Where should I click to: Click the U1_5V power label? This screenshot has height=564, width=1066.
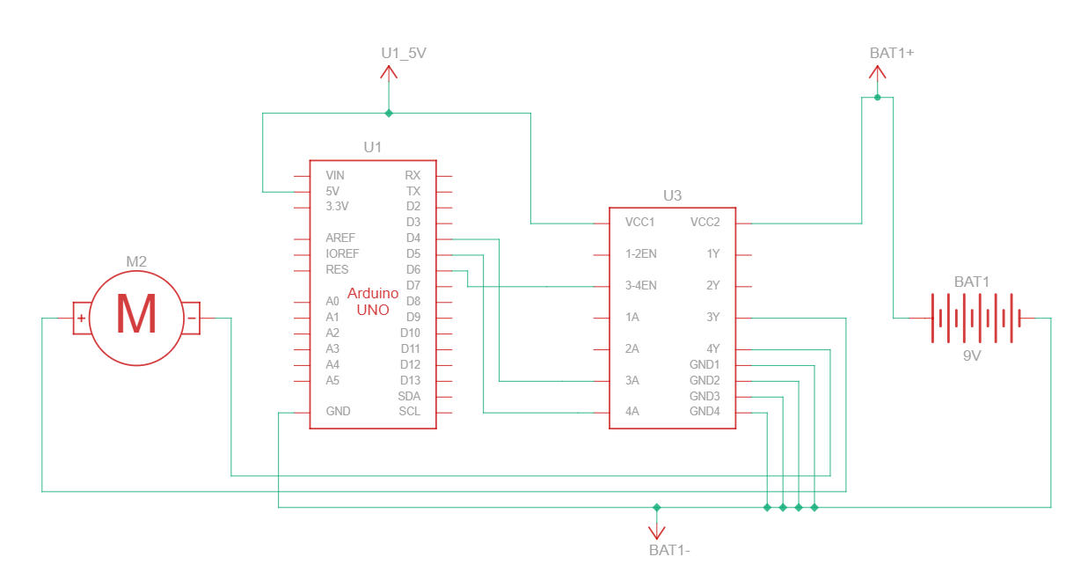click(x=403, y=54)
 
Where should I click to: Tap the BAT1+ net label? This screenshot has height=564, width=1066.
click(x=892, y=53)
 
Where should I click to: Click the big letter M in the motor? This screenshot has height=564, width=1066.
click(x=136, y=316)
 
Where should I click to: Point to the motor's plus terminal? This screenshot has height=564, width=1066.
click(x=81, y=319)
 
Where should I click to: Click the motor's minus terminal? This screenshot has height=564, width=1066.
click(x=191, y=319)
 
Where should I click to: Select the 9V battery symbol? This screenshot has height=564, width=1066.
click(x=972, y=318)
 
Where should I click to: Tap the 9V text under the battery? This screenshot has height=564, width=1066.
click(x=972, y=357)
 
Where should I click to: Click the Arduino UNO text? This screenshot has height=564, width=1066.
click(x=373, y=301)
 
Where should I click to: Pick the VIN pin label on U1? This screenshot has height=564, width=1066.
click(x=335, y=176)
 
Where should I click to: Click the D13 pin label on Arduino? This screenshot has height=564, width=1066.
click(x=410, y=380)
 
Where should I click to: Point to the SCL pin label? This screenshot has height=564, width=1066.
click(x=409, y=411)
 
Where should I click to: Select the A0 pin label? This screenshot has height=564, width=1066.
click(x=332, y=301)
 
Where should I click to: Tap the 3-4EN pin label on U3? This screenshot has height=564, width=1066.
click(x=641, y=285)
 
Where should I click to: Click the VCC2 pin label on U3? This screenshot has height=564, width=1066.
click(x=705, y=222)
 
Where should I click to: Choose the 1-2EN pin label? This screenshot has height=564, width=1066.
click(x=641, y=253)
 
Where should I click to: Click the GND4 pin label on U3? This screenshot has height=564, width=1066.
click(x=705, y=411)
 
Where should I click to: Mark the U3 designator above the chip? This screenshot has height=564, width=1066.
click(x=672, y=195)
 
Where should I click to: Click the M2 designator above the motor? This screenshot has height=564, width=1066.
click(x=136, y=261)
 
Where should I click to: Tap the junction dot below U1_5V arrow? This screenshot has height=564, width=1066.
click(x=389, y=113)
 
